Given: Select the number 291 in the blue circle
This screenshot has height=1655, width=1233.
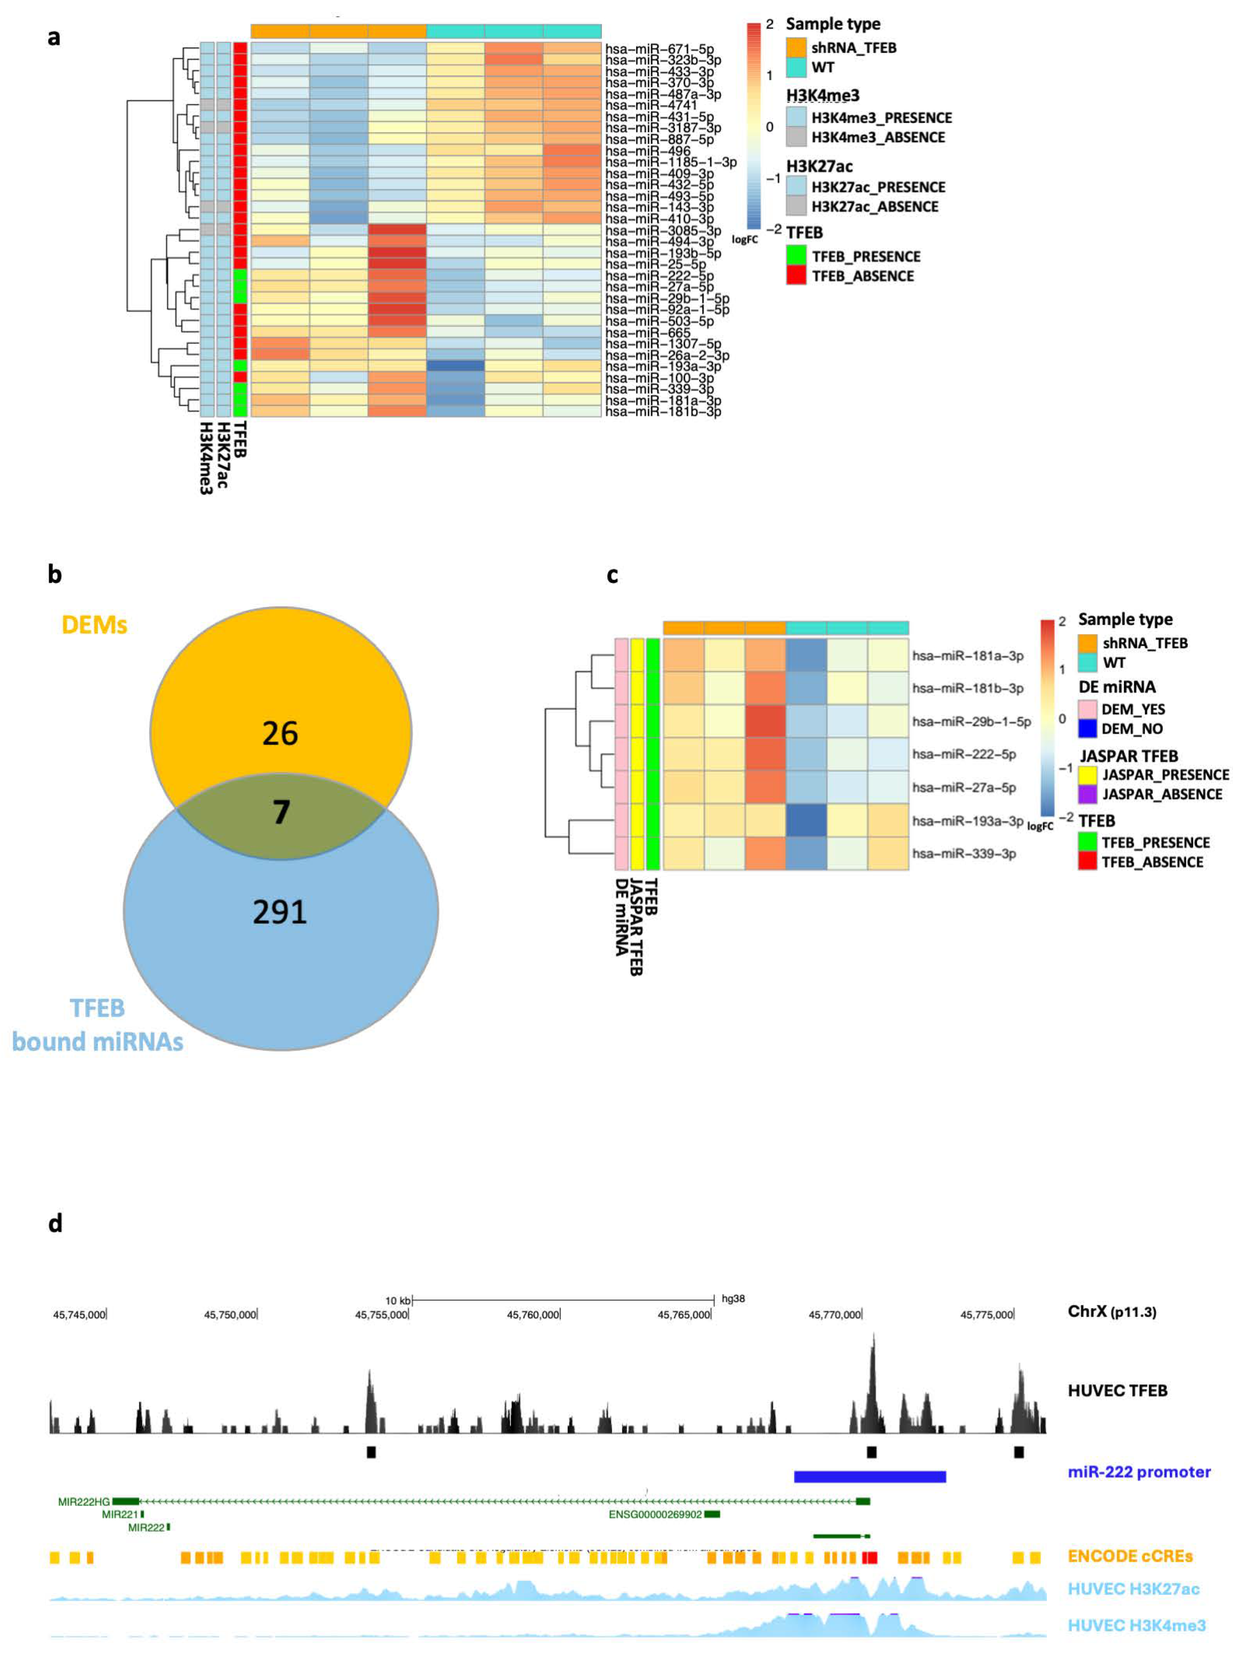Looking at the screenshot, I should click(x=280, y=912).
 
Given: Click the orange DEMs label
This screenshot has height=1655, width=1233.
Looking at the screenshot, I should click(x=94, y=625).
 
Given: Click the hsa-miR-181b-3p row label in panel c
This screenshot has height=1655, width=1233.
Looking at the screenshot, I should click(x=967, y=688).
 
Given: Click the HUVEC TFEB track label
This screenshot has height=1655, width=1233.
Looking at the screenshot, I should click(x=1117, y=1391).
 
